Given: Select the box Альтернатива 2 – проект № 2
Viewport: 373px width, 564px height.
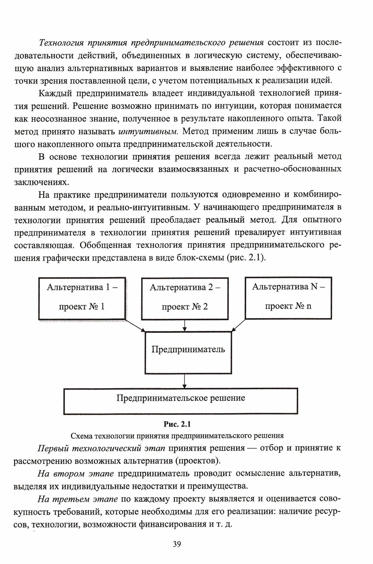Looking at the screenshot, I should pos(185,298).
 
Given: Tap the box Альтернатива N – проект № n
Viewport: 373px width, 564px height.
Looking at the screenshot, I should pos(288,297).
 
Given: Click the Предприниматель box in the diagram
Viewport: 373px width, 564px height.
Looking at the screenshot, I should pos(188,352).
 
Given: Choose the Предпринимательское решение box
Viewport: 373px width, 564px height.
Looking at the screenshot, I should pos(181,401).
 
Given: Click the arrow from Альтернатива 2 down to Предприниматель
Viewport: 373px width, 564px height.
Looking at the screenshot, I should pos(185,325).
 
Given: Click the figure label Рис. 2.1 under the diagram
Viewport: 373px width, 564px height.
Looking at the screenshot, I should pos(177,424).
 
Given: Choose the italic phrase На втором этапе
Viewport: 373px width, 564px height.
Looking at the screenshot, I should pos(76,474).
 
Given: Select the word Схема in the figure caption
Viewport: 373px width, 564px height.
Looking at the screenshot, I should pos(82,436).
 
